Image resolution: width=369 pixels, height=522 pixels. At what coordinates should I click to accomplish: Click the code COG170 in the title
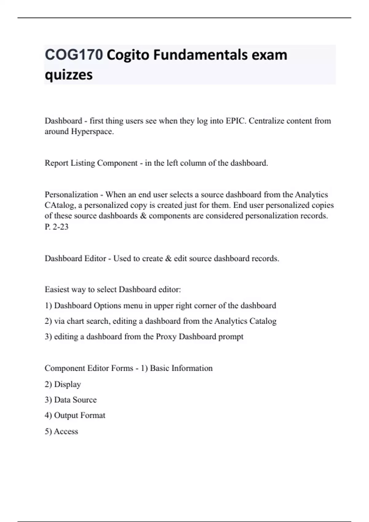pos(74,55)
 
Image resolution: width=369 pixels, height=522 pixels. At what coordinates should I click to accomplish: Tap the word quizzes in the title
pos(69,75)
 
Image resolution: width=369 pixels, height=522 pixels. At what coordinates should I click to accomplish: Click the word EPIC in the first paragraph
pos(236,121)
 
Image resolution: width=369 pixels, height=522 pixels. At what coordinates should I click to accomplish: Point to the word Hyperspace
pos(92,132)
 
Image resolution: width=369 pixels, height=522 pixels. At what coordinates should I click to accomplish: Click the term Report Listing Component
pos(91,163)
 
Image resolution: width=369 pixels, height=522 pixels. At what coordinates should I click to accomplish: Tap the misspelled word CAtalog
pos(62,205)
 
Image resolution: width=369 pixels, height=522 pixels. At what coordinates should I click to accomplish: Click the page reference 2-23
pos(61,227)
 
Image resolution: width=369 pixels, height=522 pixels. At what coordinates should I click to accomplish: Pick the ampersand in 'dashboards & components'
pos(143,216)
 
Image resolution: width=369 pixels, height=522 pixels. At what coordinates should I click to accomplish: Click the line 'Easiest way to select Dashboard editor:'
pos(113,290)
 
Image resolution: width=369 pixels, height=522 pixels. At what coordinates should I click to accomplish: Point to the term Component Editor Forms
pos(89,368)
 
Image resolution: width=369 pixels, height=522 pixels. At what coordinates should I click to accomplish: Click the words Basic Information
pos(181,368)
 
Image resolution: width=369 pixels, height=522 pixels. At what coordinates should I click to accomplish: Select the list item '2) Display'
pos(63,384)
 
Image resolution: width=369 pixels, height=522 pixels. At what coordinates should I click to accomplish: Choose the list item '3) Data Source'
pos(71,400)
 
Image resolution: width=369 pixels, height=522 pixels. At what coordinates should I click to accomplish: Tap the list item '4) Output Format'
pos(75,415)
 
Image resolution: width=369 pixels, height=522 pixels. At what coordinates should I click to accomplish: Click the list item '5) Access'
pos(61,431)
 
